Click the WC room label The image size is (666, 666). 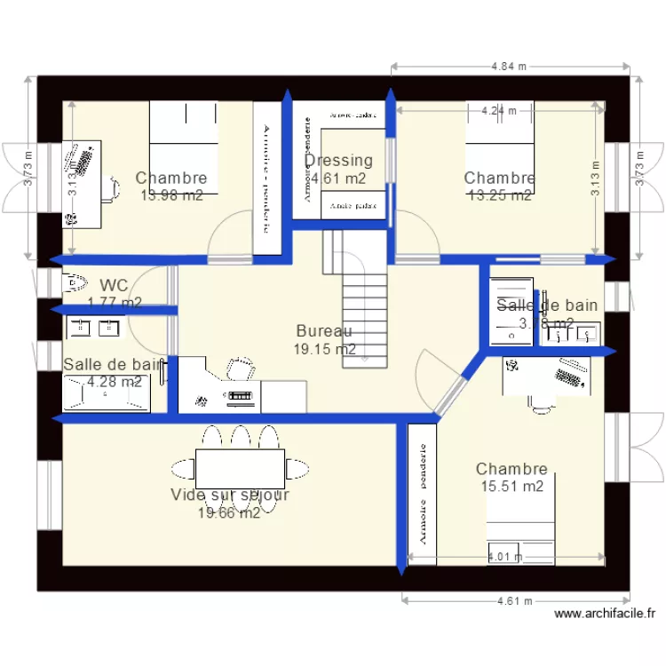(x=114, y=286)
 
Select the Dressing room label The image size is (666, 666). (x=338, y=161)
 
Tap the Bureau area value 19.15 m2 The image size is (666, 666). (x=324, y=350)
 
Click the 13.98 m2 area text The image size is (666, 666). (x=171, y=195)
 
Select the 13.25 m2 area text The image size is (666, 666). (x=499, y=195)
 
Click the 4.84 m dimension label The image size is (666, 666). (x=509, y=66)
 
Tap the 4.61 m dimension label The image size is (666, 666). (x=515, y=601)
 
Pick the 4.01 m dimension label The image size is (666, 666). (x=504, y=558)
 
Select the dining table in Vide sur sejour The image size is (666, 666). (x=240, y=468)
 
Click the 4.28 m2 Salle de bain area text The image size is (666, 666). (x=114, y=382)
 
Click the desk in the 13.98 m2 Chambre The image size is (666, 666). (x=82, y=182)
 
